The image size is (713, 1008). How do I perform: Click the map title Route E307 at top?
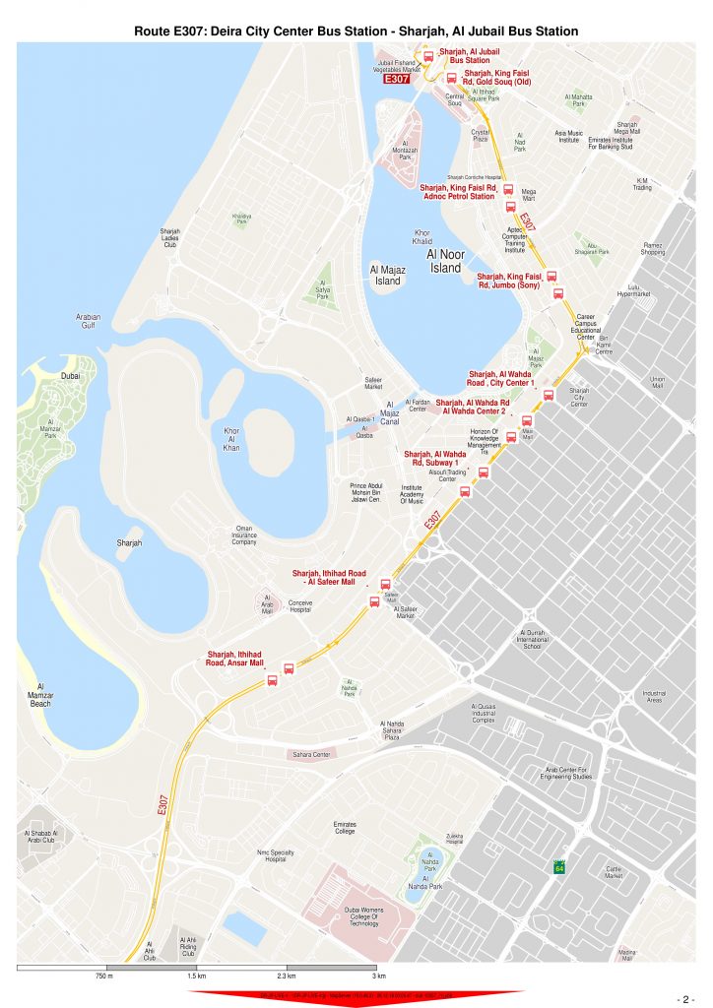coord(356,31)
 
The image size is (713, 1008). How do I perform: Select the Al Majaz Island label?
coord(388,274)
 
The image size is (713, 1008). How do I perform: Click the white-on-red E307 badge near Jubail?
coord(396,79)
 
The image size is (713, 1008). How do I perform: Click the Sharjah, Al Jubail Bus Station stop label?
coord(470,55)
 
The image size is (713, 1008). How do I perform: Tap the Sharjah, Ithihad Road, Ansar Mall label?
coord(234,659)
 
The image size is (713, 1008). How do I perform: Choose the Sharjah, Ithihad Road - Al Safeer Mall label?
coord(329,577)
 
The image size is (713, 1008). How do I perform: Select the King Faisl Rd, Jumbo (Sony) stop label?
coord(510,281)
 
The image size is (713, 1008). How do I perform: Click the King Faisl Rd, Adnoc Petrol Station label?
coord(458,191)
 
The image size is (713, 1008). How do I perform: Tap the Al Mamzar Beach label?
coord(40,695)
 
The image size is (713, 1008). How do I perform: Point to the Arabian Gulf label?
coord(89,321)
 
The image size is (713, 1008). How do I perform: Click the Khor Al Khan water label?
coord(231,440)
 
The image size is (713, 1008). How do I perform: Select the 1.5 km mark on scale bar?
coord(196,976)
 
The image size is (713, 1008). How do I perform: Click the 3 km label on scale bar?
coord(378,976)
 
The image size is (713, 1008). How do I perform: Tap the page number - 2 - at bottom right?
coord(686,996)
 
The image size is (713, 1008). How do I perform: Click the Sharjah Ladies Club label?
coord(170,237)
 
